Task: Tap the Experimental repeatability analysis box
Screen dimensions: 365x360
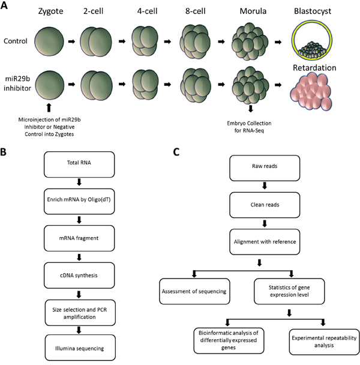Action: [323, 343]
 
